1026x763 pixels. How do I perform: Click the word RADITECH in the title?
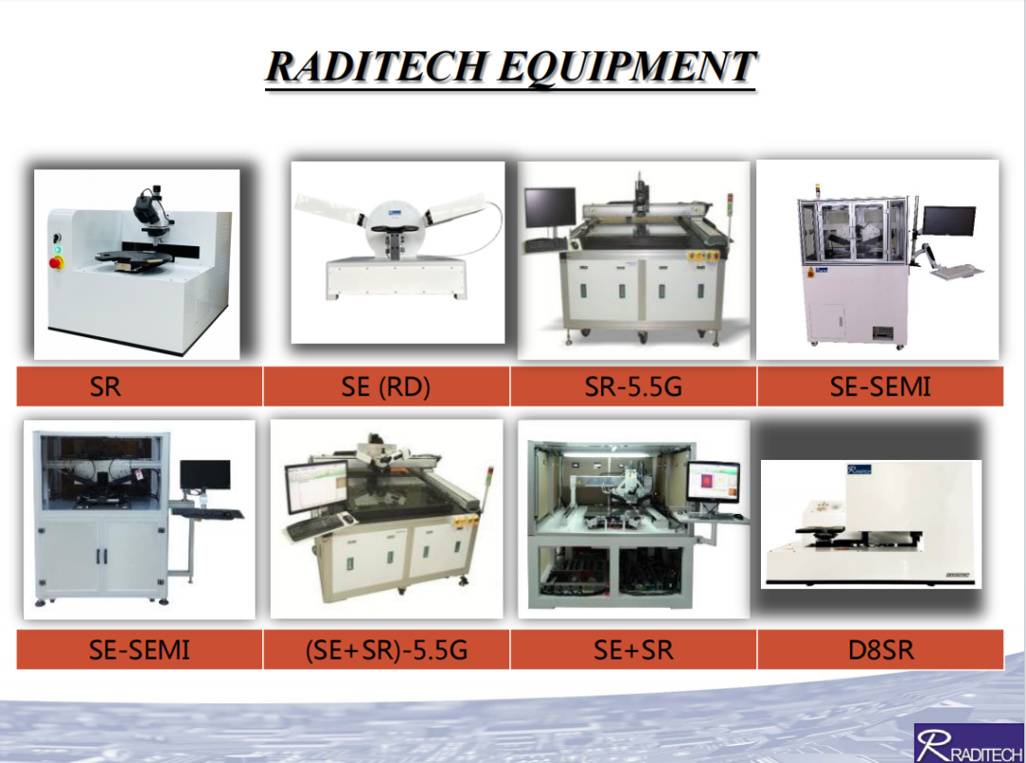tap(376, 67)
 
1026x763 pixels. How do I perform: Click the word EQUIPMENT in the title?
tap(627, 67)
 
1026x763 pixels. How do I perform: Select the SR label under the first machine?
tap(105, 387)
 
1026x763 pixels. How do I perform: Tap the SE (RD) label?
tap(386, 387)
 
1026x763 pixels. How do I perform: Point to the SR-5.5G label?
tap(634, 387)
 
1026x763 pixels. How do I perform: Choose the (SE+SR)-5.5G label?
tap(387, 651)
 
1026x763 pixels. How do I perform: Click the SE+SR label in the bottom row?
tap(634, 651)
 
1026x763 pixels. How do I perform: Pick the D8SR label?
tap(881, 651)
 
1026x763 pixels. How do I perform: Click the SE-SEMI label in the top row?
tap(880, 387)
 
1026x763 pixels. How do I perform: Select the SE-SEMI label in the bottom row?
tap(140, 651)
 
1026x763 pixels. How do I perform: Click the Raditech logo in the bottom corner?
tap(969, 743)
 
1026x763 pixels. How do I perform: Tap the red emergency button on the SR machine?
tap(56, 263)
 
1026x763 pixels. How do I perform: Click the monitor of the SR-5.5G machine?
tap(550, 208)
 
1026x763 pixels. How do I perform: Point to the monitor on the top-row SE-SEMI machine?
tap(948, 220)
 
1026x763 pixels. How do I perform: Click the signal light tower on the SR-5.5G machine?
tap(731, 206)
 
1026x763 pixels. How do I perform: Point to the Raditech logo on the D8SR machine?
tap(860, 469)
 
